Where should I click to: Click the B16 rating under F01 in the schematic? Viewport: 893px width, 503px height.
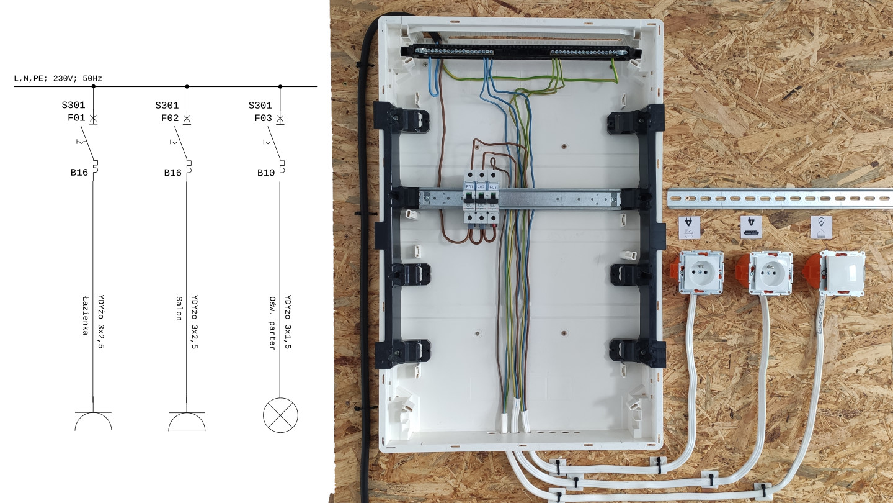(79, 173)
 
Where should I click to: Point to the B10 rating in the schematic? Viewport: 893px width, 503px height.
(266, 173)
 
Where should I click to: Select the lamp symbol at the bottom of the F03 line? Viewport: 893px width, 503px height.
(280, 414)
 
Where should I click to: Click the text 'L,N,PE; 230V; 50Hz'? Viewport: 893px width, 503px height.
(58, 79)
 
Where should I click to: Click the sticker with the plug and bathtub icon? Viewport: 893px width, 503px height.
(689, 227)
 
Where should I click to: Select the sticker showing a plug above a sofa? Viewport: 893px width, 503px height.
(751, 227)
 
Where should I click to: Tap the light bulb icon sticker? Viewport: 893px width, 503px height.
(820, 227)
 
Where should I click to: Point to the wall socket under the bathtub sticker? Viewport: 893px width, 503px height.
(702, 272)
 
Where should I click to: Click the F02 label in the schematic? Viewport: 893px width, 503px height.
(171, 118)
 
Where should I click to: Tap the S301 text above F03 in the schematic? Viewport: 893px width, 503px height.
(260, 106)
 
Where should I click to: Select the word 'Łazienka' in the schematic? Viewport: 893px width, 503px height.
(85, 315)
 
